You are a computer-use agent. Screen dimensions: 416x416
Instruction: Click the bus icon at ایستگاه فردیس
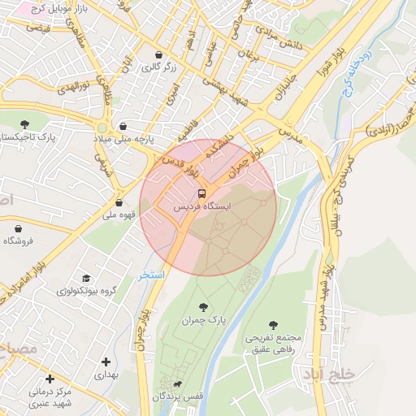click(x=201, y=193)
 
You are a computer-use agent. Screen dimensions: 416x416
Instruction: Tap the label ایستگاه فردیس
click(x=202, y=207)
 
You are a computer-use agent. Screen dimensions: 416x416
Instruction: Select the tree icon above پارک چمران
click(x=203, y=307)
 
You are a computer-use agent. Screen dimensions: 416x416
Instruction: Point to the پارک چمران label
click(x=204, y=321)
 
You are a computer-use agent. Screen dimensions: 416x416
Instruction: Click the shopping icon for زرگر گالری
click(x=158, y=55)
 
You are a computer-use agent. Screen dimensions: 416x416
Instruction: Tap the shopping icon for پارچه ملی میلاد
click(x=122, y=127)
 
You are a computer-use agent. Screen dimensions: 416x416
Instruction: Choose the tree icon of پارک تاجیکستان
click(x=24, y=124)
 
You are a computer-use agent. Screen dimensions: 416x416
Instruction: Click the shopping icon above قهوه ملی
click(x=119, y=203)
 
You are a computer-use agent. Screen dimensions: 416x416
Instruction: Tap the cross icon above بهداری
click(x=106, y=362)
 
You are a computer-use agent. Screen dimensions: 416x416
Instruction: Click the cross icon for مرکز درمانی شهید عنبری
click(x=50, y=379)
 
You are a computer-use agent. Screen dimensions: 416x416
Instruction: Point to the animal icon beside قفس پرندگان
click(x=177, y=384)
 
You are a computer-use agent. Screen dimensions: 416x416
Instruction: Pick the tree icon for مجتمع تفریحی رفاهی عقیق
click(x=273, y=324)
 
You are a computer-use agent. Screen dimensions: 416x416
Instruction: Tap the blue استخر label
click(x=151, y=275)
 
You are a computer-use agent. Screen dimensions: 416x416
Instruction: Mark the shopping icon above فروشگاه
click(x=13, y=227)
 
